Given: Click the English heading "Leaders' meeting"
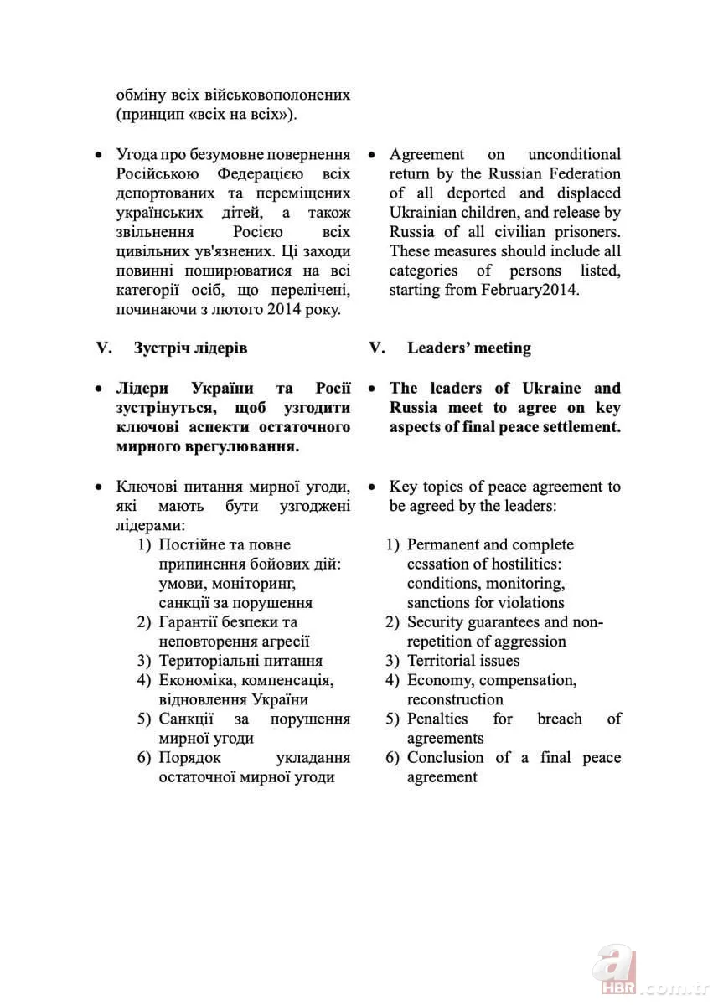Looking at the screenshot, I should pyautogui.click(x=468, y=348).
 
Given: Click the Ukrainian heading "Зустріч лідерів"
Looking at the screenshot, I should pyautogui.click(x=190, y=348).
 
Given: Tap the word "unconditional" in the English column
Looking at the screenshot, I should pyautogui.click(x=574, y=155).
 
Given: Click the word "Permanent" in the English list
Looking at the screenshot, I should pyautogui.click(x=444, y=544).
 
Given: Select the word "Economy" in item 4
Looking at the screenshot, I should pyautogui.click(x=439, y=680).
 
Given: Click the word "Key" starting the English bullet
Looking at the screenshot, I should pyautogui.click(x=402, y=487).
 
